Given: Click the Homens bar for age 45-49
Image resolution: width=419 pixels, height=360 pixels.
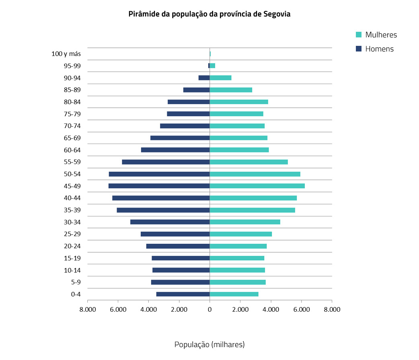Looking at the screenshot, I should click(x=159, y=186).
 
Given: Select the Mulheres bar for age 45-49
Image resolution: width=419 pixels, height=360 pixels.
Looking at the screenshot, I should click(x=257, y=186).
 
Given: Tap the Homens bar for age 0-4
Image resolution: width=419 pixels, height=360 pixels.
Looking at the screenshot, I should click(x=183, y=294).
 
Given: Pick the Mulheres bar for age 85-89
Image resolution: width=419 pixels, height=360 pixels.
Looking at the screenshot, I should click(x=231, y=90).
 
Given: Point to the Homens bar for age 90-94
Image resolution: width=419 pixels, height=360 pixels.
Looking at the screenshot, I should click(x=204, y=78).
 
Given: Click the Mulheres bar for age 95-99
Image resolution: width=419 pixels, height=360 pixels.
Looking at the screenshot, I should click(x=212, y=66).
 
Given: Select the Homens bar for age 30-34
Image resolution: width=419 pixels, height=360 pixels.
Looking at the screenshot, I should click(x=170, y=222).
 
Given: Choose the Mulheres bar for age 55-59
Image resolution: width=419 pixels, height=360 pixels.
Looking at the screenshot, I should click(x=249, y=162).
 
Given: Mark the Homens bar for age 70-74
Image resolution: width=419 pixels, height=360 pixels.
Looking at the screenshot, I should click(x=185, y=126).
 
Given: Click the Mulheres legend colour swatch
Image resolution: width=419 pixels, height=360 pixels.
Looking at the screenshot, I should click(x=359, y=35).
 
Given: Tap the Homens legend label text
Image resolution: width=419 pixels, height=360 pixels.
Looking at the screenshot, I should click(x=379, y=49).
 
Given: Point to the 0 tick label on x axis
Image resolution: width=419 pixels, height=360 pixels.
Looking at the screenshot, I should click(x=209, y=309).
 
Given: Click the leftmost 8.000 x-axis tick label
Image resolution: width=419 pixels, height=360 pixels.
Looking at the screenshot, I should click(x=88, y=309).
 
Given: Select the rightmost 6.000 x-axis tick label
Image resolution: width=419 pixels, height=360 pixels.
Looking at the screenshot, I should click(x=301, y=309).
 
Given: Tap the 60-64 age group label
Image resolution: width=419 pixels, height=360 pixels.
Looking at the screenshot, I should click(x=72, y=150).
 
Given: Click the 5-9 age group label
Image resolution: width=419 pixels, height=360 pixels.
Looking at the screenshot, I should click(x=76, y=282).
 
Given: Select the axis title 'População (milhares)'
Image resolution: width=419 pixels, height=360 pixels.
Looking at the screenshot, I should click(x=209, y=345).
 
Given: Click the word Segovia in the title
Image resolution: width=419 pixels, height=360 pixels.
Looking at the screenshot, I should click(x=277, y=14).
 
